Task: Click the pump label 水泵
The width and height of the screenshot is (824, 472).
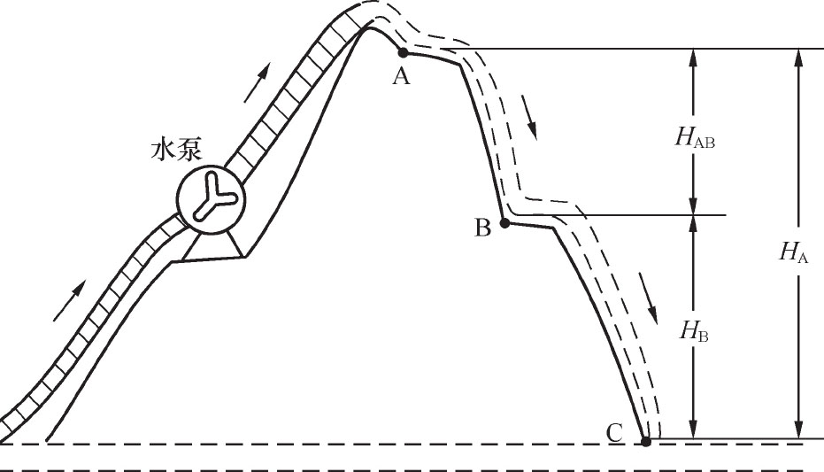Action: click(x=167, y=150)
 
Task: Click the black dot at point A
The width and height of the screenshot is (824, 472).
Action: click(x=404, y=52)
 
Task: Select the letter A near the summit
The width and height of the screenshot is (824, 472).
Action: click(x=401, y=77)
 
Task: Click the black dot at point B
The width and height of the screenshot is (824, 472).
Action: click(x=504, y=223)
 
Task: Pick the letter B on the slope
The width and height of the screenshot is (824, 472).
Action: click(x=482, y=228)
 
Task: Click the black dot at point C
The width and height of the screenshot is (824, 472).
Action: click(x=645, y=441)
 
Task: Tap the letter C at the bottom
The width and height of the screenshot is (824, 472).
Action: click(x=615, y=433)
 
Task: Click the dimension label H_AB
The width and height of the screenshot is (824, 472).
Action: click(x=694, y=137)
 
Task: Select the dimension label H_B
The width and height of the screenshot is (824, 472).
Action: click(x=693, y=332)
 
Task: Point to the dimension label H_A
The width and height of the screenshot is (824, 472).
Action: click(x=793, y=252)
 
